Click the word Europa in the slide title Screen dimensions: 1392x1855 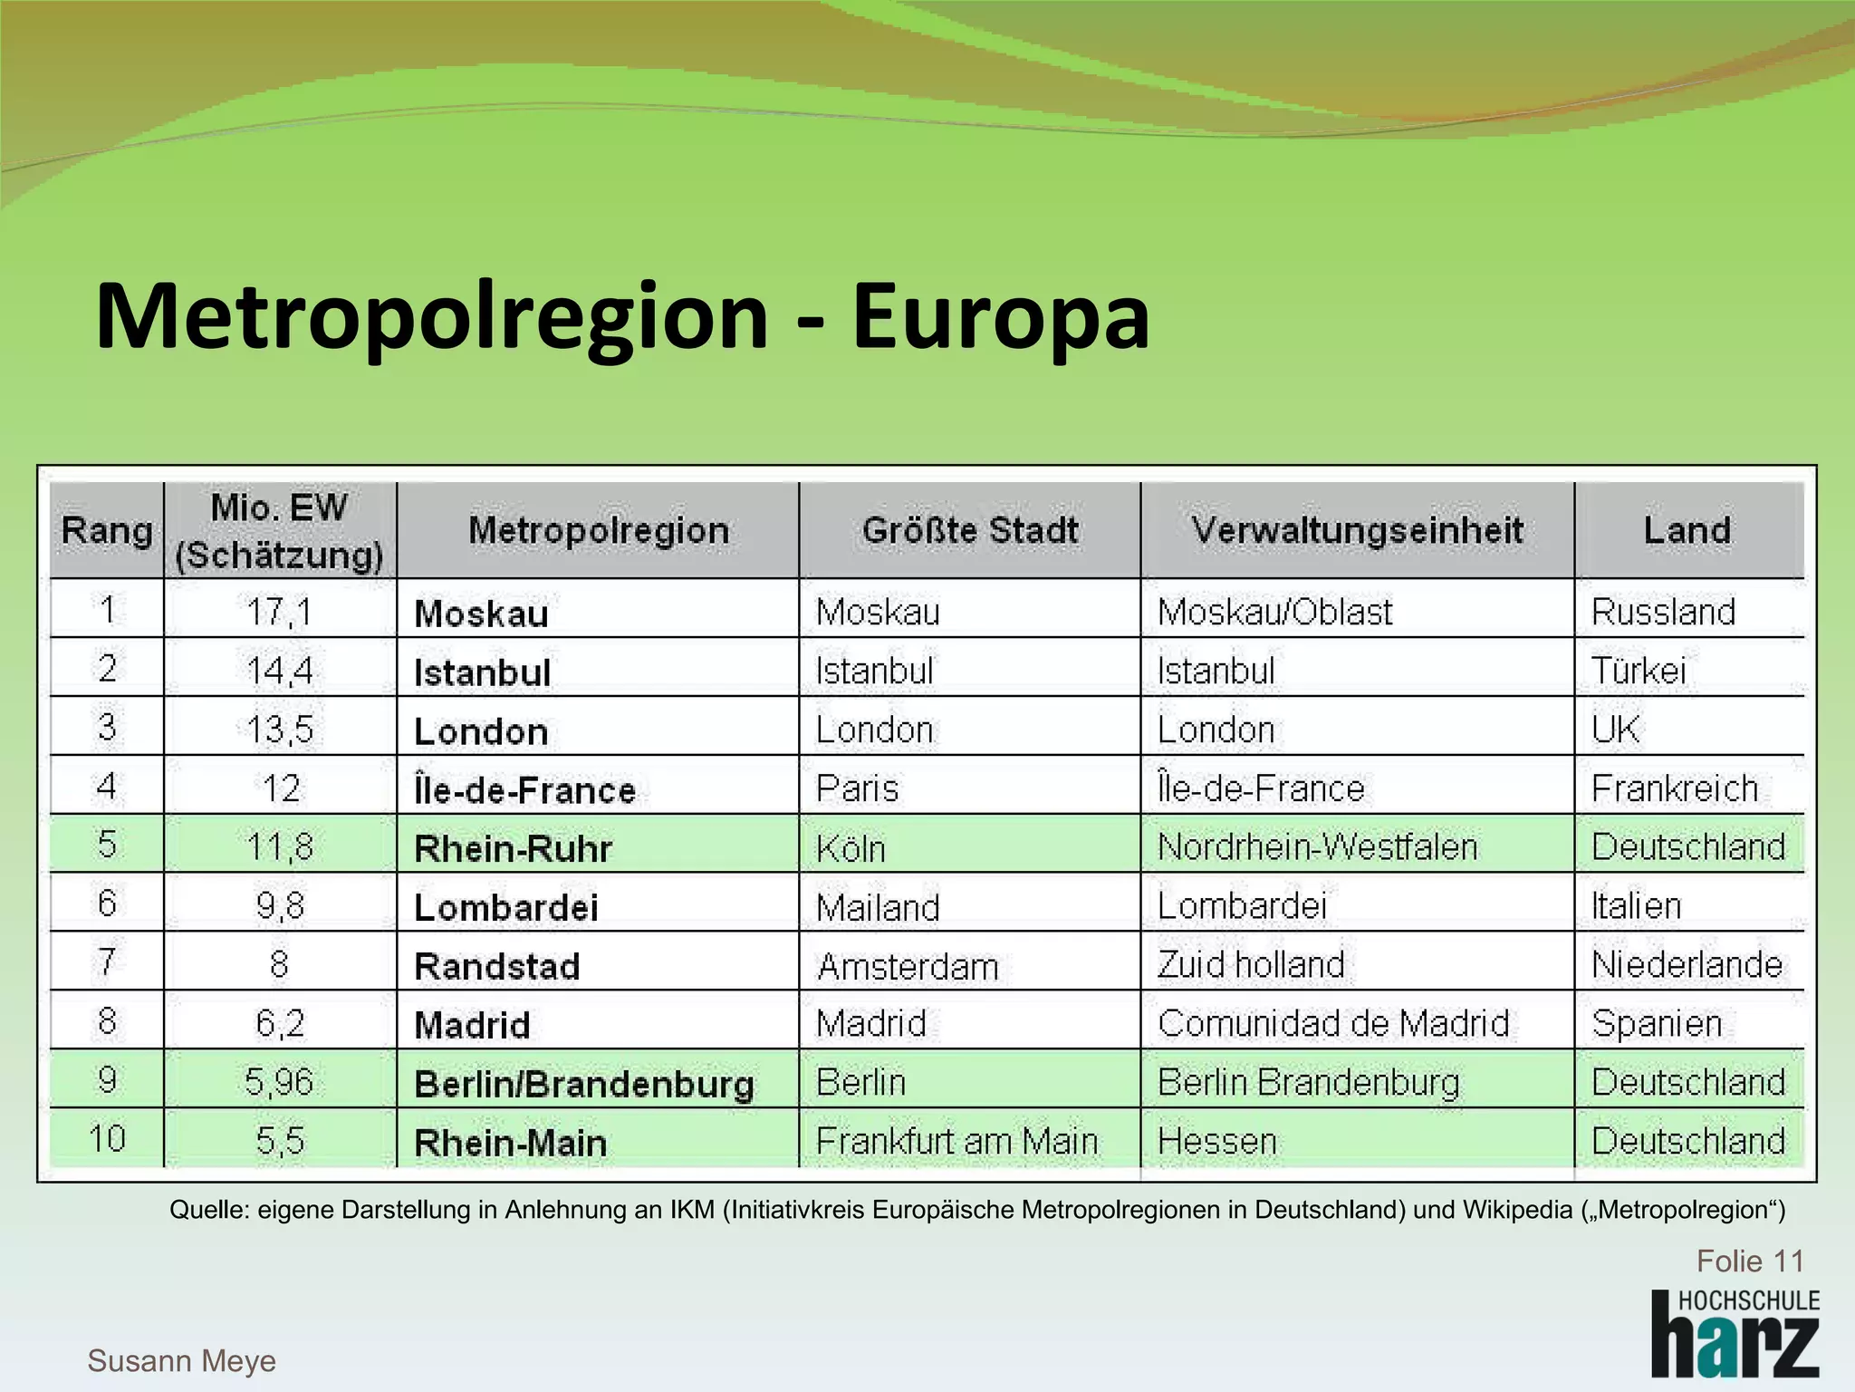click(x=1000, y=317)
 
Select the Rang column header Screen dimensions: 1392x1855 click(x=107, y=530)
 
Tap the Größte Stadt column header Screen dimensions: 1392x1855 click(x=970, y=530)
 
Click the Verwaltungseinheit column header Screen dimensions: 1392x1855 click(x=1357, y=530)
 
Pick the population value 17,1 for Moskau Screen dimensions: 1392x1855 click(x=279, y=612)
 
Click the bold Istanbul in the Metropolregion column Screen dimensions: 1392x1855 click(x=482, y=672)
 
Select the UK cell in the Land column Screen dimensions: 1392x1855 click(x=1615, y=730)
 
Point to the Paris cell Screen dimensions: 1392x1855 click(x=857, y=788)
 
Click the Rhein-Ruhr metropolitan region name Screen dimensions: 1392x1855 click(x=513, y=848)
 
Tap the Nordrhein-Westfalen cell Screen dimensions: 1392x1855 click(x=1317, y=846)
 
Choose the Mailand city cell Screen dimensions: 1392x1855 click(x=878, y=907)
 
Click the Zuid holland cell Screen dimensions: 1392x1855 click(x=1251, y=964)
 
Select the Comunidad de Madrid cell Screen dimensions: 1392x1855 click(x=1333, y=1023)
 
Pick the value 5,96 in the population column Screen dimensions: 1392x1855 click(x=279, y=1082)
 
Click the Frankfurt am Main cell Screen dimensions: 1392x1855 click(x=956, y=1141)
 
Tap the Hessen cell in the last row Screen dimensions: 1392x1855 click(x=1216, y=1141)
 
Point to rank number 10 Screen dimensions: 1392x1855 click(x=107, y=1139)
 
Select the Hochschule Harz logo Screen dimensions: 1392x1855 click(x=1735, y=1333)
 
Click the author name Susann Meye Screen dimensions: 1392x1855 click(x=181, y=1360)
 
